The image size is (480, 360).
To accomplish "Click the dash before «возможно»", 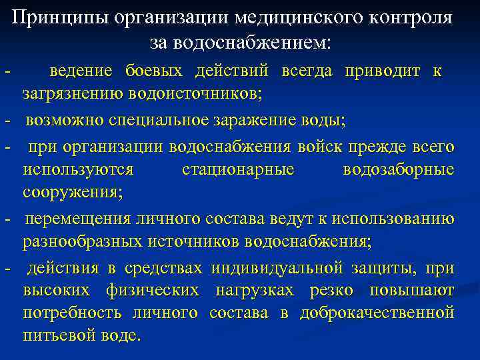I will pyautogui.click(x=7, y=121).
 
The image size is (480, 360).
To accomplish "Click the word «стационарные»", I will pyautogui.click(x=238, y=169).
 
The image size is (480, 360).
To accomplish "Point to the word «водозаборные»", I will pyautogui.click(x=399, y=169).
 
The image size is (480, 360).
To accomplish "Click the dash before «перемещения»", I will pyautogui.click(x=7, y=219).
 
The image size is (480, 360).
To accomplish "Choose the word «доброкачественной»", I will pyautogui.click(x=377, y=313).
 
